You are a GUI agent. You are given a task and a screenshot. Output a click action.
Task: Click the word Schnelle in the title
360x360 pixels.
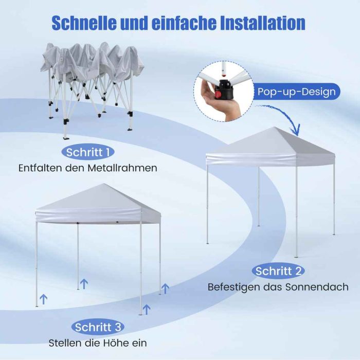point(84,23)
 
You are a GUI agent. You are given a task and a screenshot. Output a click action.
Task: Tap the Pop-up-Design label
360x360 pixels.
point(296,92)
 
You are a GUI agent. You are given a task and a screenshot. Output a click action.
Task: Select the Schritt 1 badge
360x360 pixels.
point(88,152)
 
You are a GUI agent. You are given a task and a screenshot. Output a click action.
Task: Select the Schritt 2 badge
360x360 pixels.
point(278,271)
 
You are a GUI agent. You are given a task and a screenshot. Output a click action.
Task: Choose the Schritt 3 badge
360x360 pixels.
point(98,327)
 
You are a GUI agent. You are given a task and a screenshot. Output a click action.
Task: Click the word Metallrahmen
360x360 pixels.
point(122,168)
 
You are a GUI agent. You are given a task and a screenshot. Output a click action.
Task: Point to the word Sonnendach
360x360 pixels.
point(317,287)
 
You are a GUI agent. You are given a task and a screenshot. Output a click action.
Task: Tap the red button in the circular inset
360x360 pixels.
point(218,94)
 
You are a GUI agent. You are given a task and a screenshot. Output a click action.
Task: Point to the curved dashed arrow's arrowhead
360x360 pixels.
point(297,130)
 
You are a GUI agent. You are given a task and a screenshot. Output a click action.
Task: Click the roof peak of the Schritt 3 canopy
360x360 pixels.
point(104,184)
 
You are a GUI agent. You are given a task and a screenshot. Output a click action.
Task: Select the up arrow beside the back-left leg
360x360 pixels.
point(84,284)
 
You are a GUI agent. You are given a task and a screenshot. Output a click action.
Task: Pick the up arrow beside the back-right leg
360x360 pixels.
point(165,289)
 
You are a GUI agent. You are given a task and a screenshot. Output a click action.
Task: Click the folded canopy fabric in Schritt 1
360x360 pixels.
point(92,60)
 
